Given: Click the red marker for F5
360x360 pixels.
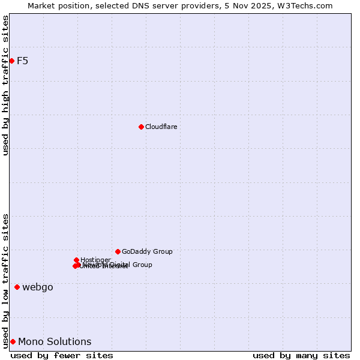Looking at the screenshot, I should tap(11, 61).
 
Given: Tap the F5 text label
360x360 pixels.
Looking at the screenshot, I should tap(23, 61).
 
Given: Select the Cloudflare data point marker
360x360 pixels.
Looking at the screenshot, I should tap(141, 127).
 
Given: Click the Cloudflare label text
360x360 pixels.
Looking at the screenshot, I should tap(161, 127).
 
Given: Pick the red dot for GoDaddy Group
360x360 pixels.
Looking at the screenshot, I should tap(118, 251).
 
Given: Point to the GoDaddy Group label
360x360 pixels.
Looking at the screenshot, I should tap(147, 251).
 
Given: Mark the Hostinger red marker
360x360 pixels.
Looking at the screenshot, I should tap(76, 260).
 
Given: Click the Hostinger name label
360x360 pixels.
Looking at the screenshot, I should tap(95, 260).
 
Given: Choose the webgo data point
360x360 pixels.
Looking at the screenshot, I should tap(17, 287).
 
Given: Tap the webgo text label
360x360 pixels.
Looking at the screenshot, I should tap(38, 287).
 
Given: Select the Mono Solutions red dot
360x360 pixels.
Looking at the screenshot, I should tap(13, 341).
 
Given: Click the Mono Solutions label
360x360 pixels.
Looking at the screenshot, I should tap(55, 342).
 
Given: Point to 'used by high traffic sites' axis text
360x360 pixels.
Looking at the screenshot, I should tap(6, 85).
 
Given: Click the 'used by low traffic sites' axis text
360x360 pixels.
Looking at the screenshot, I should tap(6, 280).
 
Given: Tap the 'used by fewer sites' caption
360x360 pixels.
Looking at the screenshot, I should tap(62, 355).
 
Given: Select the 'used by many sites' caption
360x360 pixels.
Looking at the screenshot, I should tap(301, 355).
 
